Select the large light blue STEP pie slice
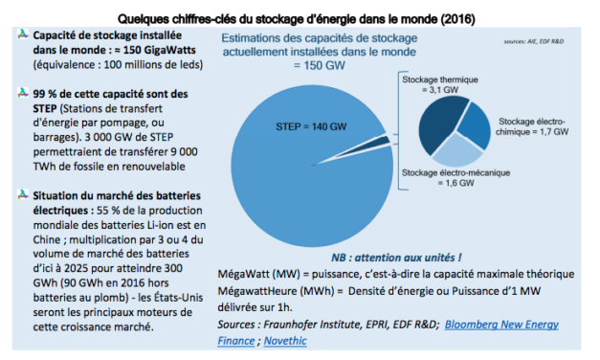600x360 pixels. click(x=287, y=182)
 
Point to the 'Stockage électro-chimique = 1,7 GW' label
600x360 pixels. click(x=534, y=128)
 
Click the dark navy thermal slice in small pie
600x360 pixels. click(x=430, y=125)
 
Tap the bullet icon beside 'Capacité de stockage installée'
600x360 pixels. click(x=22, y=34)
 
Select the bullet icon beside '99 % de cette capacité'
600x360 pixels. click(x=22, y=95)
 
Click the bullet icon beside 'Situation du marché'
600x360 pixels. click(x=22, y=194)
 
